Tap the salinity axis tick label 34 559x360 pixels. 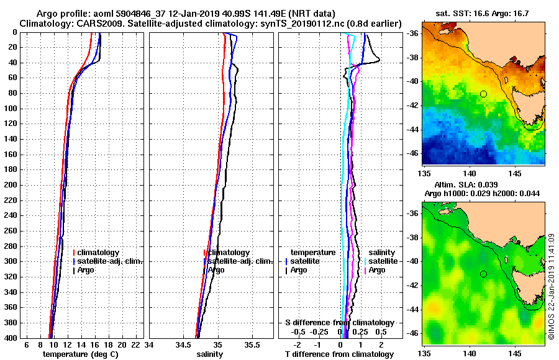click(x=150, y=345)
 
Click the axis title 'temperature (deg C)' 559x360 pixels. click(x=80, y=354)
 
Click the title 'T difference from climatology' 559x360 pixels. click(x=339, y=354)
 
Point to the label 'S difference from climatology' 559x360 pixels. click(x=339, y=323)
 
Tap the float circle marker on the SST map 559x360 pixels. click(x=483, y=94)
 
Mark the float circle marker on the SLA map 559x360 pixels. click(x=483, y=274)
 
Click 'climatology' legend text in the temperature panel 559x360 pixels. click(x=99, y=253)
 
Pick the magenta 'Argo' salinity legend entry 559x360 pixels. click(x=377, y=270)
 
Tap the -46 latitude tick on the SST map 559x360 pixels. click(x=412, y=153)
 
